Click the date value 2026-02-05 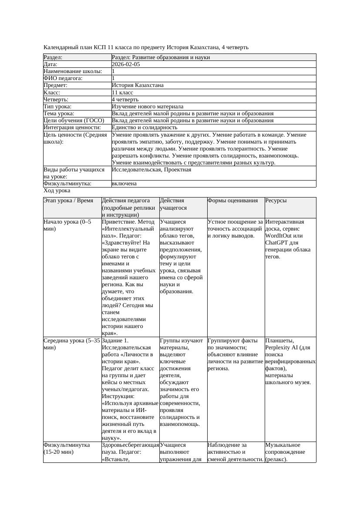click(126, 64)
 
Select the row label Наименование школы click(73, 71)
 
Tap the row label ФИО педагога click(63, 78)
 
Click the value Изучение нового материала click(148, 107)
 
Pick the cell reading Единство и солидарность click(145, 127)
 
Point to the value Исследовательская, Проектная click(151, 170)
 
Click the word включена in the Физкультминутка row click(124, 184)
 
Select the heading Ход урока click(57, 191)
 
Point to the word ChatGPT click(277, 243)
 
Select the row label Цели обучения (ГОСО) click(74, 121)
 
